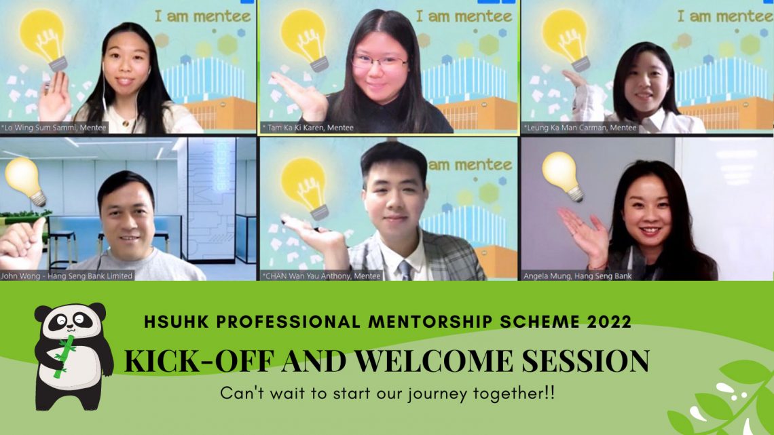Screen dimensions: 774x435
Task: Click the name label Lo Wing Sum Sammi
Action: click(54, 128)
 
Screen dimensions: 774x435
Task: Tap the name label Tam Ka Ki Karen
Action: click(308, 128)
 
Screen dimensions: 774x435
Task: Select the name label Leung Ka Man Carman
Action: click(580, 128)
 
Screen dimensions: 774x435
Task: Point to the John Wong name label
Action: click(67, 276)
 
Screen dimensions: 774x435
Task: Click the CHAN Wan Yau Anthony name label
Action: click(322, 276)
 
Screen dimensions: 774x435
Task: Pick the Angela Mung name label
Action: click(578, 276)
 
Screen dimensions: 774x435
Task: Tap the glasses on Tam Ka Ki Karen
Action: click(380, 62)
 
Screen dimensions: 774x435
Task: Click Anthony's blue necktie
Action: click(405, 270)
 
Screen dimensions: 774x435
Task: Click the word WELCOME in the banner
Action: click(434, 360)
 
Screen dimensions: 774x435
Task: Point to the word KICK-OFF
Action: click(198, 360)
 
